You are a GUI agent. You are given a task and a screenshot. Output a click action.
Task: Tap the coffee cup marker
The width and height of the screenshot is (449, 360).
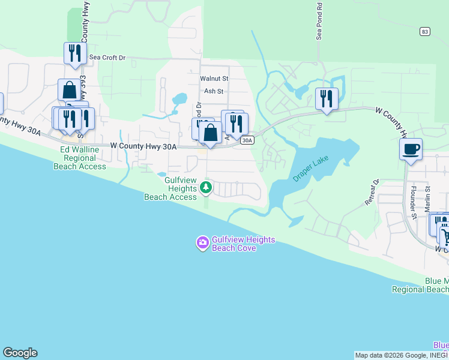pyautogui.click(x=411, y=149)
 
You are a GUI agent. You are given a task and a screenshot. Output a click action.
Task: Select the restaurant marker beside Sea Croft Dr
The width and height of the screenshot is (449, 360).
pyautogui.click(x=75, y=53)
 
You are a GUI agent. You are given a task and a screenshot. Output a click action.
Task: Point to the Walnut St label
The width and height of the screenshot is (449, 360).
pyautogui.click(x=214, y=79)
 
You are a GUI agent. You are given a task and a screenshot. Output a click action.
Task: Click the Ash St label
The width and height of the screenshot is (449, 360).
pyautogui.click(x=214, y=91)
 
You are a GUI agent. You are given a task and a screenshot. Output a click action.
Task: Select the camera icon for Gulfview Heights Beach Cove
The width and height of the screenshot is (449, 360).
pyautogui.click(x=202, y=242)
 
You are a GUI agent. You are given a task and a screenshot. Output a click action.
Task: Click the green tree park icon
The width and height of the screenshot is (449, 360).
pyautogui.click(x=206, y=188)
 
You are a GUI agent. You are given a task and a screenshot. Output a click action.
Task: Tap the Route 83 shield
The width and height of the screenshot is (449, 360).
pyautogui.click(x=425, y=31)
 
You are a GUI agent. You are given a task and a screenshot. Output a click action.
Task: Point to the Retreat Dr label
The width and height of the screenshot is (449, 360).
pyautogui.click(x=373, y=193)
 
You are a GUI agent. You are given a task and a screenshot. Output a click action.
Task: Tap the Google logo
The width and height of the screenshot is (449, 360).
pyautogui.click(x=20, y=353)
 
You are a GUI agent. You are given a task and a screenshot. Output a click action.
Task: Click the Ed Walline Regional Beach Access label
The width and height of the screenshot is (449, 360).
pyautogui.click(x=83, y=158)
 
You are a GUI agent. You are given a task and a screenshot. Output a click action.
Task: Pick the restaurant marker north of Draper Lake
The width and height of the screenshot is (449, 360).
pyautogui.click(x=327, y=98)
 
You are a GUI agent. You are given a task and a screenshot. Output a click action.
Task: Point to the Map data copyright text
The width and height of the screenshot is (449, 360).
pyautogui.click(x=401, y=355)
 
